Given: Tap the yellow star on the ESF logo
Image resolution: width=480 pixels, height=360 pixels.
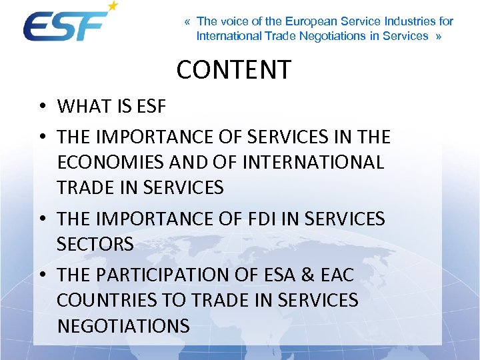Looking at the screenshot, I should [113, 7].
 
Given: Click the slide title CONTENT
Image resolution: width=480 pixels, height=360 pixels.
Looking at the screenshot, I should [234, 69].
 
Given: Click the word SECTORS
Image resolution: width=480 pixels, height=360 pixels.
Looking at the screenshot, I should [95, 245].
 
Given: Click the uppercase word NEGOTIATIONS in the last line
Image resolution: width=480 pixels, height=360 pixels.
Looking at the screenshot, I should [123, 326].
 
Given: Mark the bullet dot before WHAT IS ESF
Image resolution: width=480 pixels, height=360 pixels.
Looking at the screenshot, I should [42, 107].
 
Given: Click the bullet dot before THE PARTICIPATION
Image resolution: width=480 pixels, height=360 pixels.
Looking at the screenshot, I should [42, 275].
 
